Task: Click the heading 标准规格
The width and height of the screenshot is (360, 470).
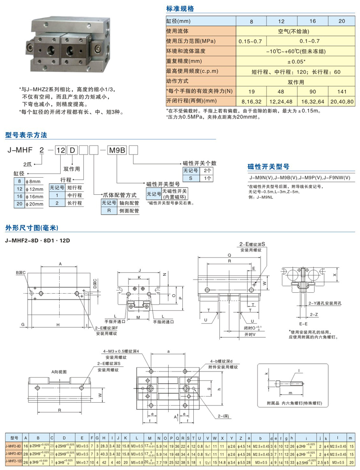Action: click(180, 9)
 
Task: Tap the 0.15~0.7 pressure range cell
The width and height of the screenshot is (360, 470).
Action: click(251, 41)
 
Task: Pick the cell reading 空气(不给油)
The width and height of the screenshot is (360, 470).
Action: click(296, 31)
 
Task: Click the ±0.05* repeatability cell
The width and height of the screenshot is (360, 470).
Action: click(296, 61)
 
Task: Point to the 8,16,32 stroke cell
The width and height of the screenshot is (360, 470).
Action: click(251, 101)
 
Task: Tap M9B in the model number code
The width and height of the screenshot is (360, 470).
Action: click(117, 151)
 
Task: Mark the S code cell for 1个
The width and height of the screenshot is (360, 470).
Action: click(190, 178)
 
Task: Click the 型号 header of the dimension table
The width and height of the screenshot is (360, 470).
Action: click(13, 438)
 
